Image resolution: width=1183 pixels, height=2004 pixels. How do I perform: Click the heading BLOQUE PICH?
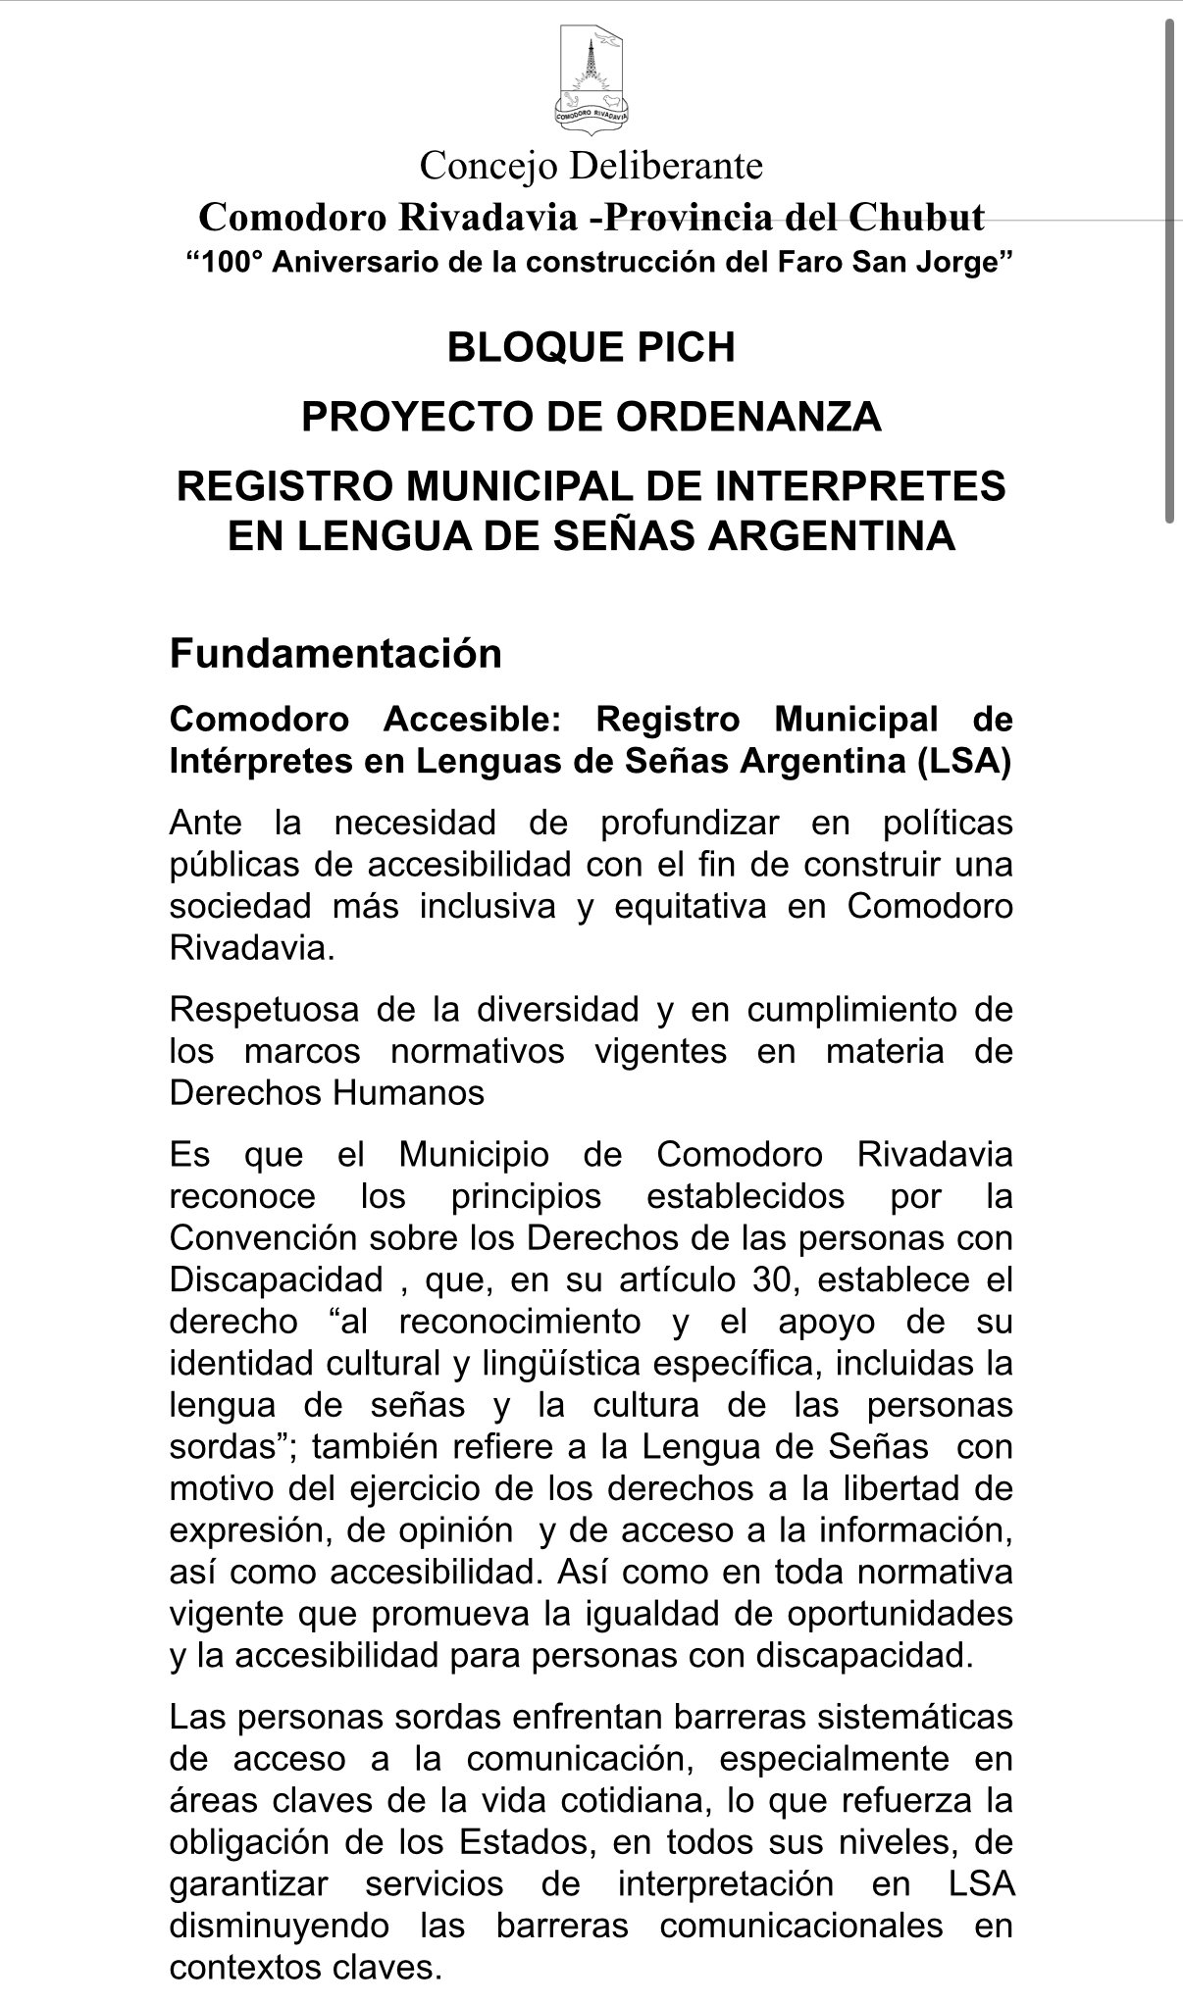(x=591, y=348)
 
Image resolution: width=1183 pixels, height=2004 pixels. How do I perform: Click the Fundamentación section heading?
(x=335, y=653)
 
